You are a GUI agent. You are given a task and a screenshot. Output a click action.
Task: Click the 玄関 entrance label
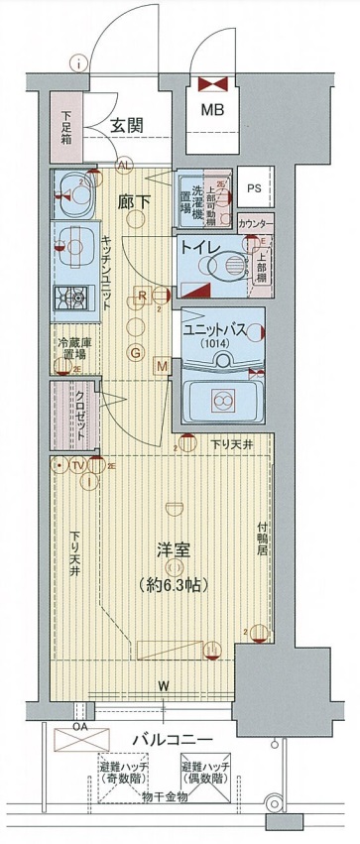pyautogui.click(x=129, y=126)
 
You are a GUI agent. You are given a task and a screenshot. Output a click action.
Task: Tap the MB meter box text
pyautogui.click(x=213, y=111)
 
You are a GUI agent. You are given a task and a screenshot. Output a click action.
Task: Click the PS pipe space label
pyautogui.click(x=254, y=186)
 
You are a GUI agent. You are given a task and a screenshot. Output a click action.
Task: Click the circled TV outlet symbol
pyautogui.click(x=77, y=464)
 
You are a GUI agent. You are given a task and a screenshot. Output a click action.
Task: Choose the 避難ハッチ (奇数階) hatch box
pyautogui.click(x=123, y=773)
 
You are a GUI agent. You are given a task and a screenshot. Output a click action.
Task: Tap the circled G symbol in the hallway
pyautogui.click(x=136, y=353)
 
